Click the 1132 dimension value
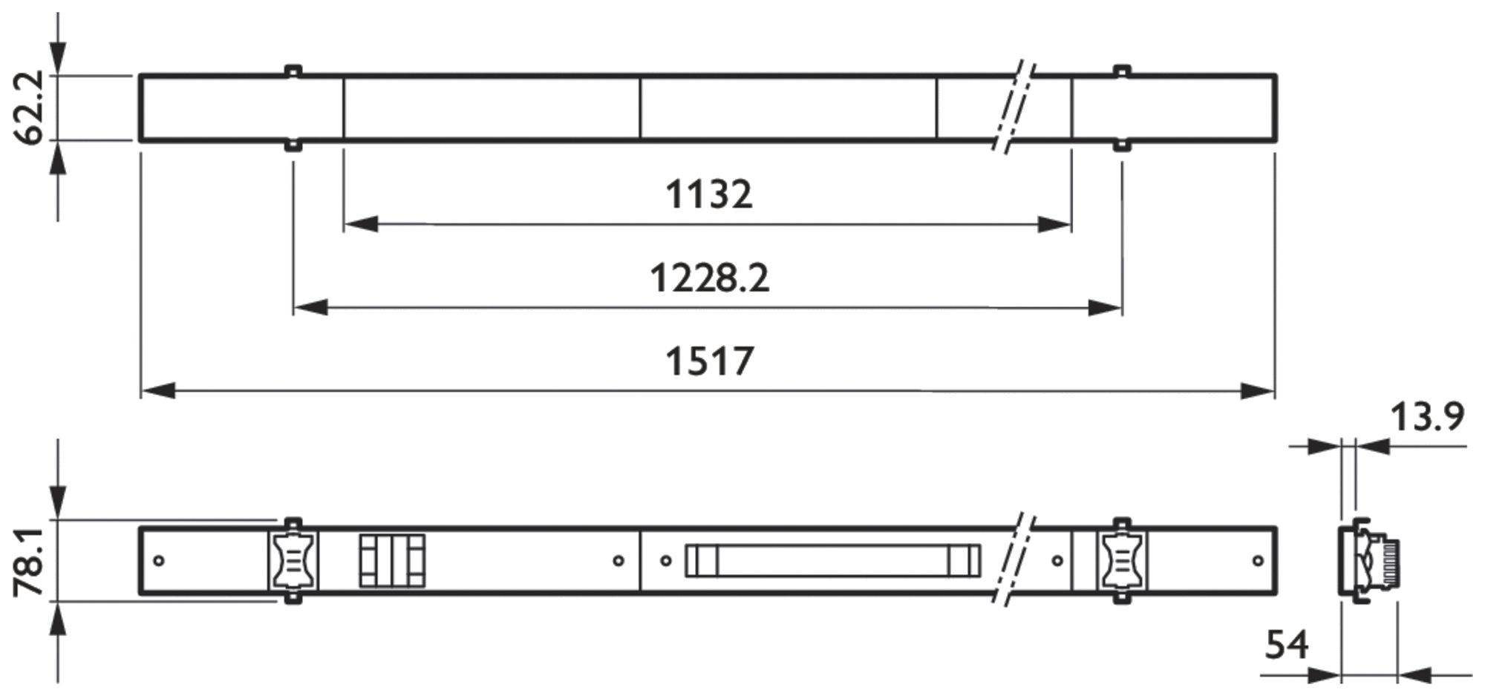click(708, 194)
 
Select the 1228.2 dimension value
click(710, 278)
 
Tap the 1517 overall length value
click(710, 361)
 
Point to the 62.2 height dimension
click(30, 108)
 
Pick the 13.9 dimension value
click(1427, 417)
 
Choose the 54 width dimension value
click(1287, 645)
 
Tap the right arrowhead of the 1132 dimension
click(1054, 224)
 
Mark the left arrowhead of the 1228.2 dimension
click(310, 307)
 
